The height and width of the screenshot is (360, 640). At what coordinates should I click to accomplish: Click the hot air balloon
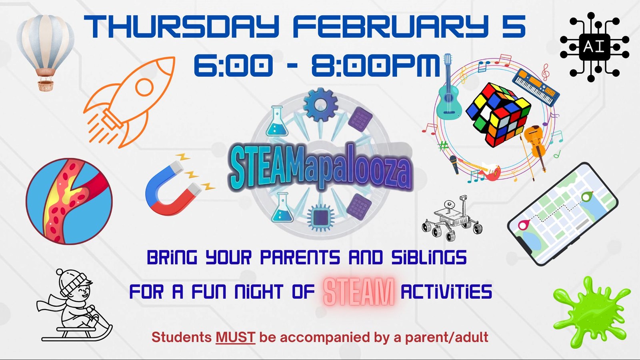(x=45, y=48)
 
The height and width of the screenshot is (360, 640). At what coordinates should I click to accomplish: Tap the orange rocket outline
(x=130, y=102)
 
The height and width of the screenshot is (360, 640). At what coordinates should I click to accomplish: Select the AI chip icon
(x=594, y=47)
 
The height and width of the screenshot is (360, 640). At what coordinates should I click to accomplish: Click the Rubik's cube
(x=498, y=114)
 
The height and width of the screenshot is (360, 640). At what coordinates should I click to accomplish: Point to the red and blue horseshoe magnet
(x=174, y=188)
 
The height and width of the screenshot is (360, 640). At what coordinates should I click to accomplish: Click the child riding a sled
(x=74, y=306)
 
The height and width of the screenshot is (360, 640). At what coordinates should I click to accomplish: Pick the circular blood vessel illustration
(x=69, y=201)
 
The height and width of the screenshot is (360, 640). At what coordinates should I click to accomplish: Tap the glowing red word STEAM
(x=358, y=292)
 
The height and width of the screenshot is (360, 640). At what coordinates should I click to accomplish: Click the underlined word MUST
(x=235, y=337)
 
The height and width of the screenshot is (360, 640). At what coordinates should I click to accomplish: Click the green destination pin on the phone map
(x=587, y=196)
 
